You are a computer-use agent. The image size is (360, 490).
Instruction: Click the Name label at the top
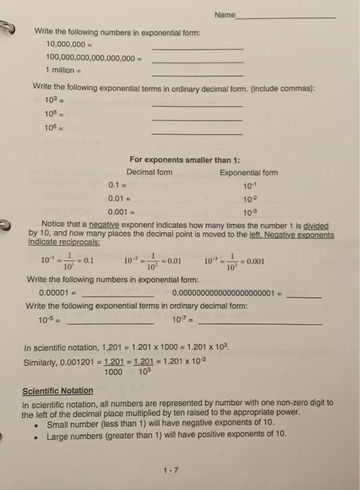point(226,15)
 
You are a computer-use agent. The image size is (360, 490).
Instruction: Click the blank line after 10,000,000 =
point(198,48)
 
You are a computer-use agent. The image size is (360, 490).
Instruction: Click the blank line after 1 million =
point(198,74)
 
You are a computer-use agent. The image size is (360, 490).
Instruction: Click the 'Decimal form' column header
point(149,172)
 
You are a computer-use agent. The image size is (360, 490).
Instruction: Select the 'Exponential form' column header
point(249,172)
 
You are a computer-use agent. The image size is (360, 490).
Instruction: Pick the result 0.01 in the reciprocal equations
point(172,262)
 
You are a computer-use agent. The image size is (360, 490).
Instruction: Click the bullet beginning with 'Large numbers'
point(167,436)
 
